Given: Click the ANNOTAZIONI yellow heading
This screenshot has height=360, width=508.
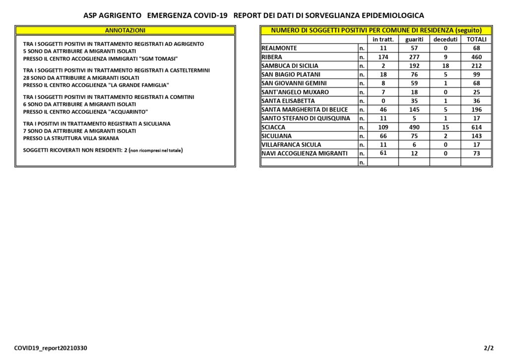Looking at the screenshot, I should click(125, 30).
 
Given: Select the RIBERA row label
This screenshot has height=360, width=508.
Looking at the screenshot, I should click(272, 57).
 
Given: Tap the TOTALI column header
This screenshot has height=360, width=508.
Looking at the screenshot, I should click(476, 39).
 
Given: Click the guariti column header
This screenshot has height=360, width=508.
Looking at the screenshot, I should click(414, 39).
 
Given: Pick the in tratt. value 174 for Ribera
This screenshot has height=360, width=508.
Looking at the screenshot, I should click(383, 57).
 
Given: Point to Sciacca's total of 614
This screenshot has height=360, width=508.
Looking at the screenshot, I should click(476, 127).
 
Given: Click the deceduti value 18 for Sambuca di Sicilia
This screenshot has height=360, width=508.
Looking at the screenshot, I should click(445, 66).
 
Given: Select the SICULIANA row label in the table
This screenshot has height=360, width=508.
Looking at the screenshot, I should click(277, 136).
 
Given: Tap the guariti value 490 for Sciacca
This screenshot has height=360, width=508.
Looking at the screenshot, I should click(414, 127).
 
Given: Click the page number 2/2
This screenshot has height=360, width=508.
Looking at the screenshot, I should click(489, 348).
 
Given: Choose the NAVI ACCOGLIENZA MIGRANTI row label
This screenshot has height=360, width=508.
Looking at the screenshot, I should click(305, 153).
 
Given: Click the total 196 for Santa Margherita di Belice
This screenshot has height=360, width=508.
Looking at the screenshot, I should click(476, 109).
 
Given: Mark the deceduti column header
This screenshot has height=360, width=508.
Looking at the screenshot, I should click(445, 39).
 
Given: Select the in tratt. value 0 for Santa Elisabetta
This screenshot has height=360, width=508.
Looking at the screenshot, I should click(383, 101).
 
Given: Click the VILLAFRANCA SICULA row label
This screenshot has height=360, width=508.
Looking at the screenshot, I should click(291, 144).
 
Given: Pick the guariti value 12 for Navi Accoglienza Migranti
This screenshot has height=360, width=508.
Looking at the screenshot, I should click(414, 153).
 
